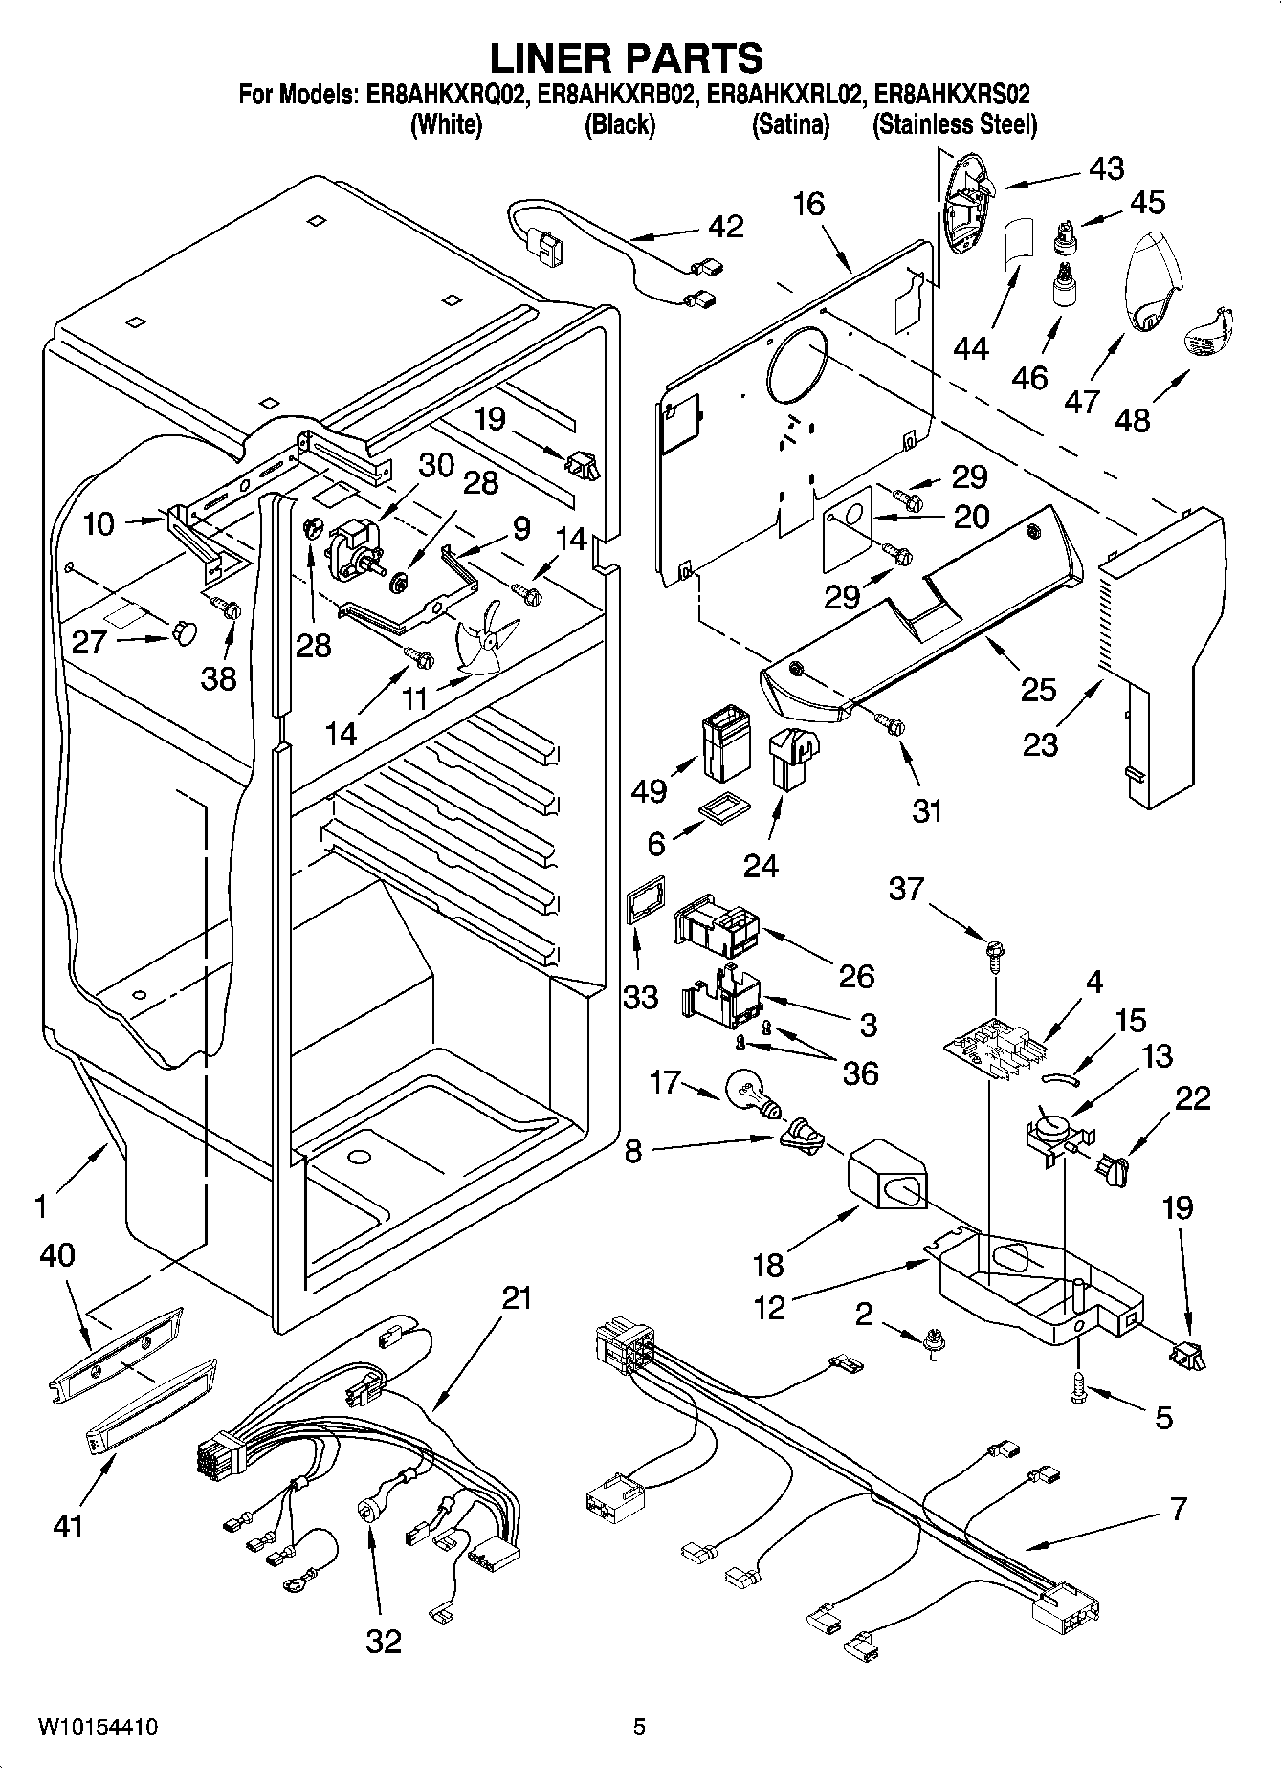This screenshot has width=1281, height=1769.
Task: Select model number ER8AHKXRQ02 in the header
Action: pos(443,96)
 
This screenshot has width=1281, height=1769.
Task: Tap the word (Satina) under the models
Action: pos(790,124)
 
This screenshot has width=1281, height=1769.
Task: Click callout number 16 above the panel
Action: pos(808,204)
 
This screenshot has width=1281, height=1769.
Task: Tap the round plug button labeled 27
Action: pos(185,632)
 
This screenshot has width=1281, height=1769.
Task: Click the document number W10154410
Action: pos(98,1727)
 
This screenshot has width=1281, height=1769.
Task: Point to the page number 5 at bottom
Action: pos(639,1727)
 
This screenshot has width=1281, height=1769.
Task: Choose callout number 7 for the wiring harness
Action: pos(1178,1508)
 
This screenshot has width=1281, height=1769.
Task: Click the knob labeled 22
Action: pos(1115,1167)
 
